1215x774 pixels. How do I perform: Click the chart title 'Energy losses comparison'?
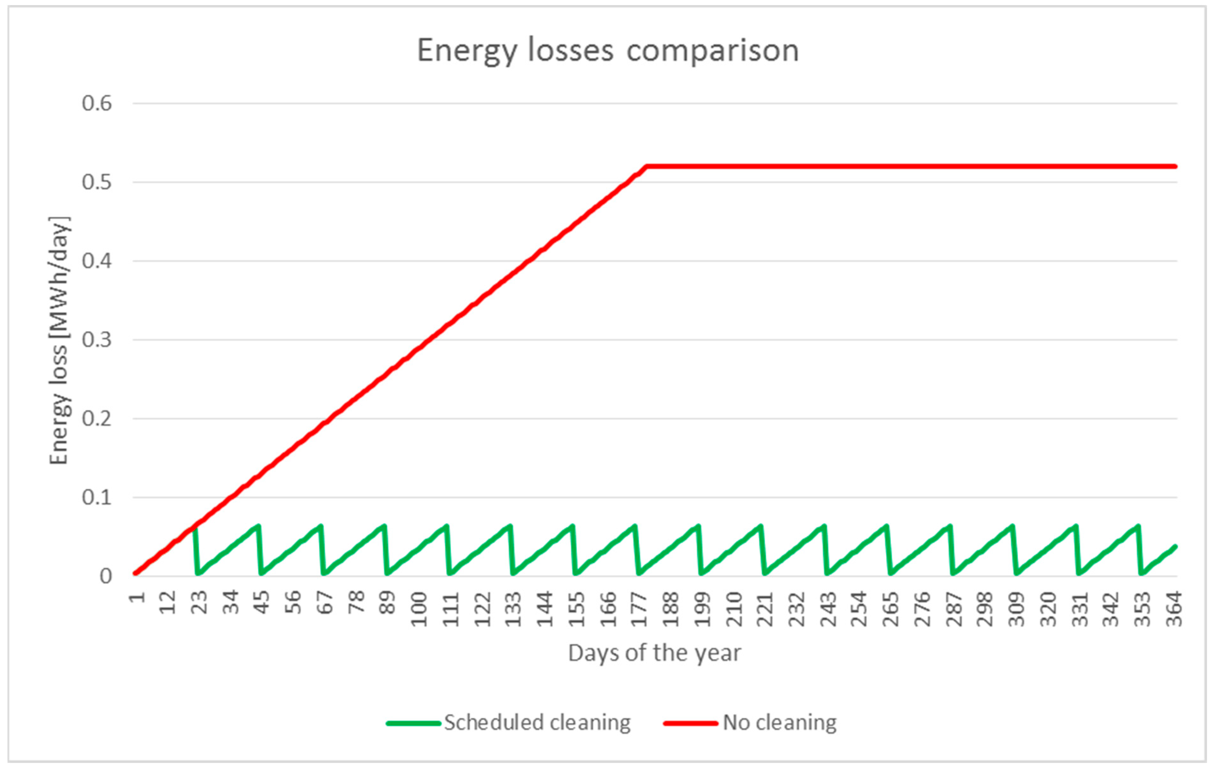(608, 51)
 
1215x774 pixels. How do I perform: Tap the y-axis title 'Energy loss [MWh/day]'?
(59, 341)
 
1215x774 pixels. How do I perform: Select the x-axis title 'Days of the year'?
(654, 653)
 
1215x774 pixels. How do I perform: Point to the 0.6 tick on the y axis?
(97, 104)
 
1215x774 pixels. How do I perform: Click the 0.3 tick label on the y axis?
(97, 340)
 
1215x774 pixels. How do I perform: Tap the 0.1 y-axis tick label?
(97, 497)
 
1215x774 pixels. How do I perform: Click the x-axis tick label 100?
(419, 609)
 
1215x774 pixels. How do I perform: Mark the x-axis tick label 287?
(954, 609)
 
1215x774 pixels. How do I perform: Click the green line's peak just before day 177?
(635, 526)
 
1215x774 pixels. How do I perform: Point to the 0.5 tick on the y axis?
(97, 182)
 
